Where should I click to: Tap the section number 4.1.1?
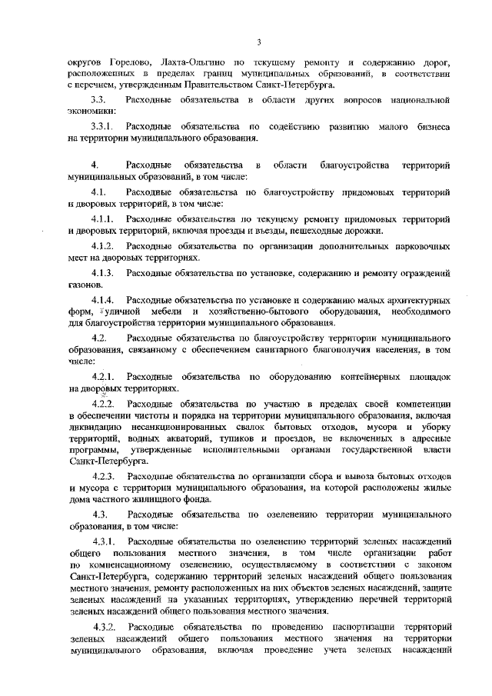click(102, 218)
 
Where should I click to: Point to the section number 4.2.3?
click(103, 477)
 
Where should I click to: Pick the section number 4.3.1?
click(103, 542)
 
